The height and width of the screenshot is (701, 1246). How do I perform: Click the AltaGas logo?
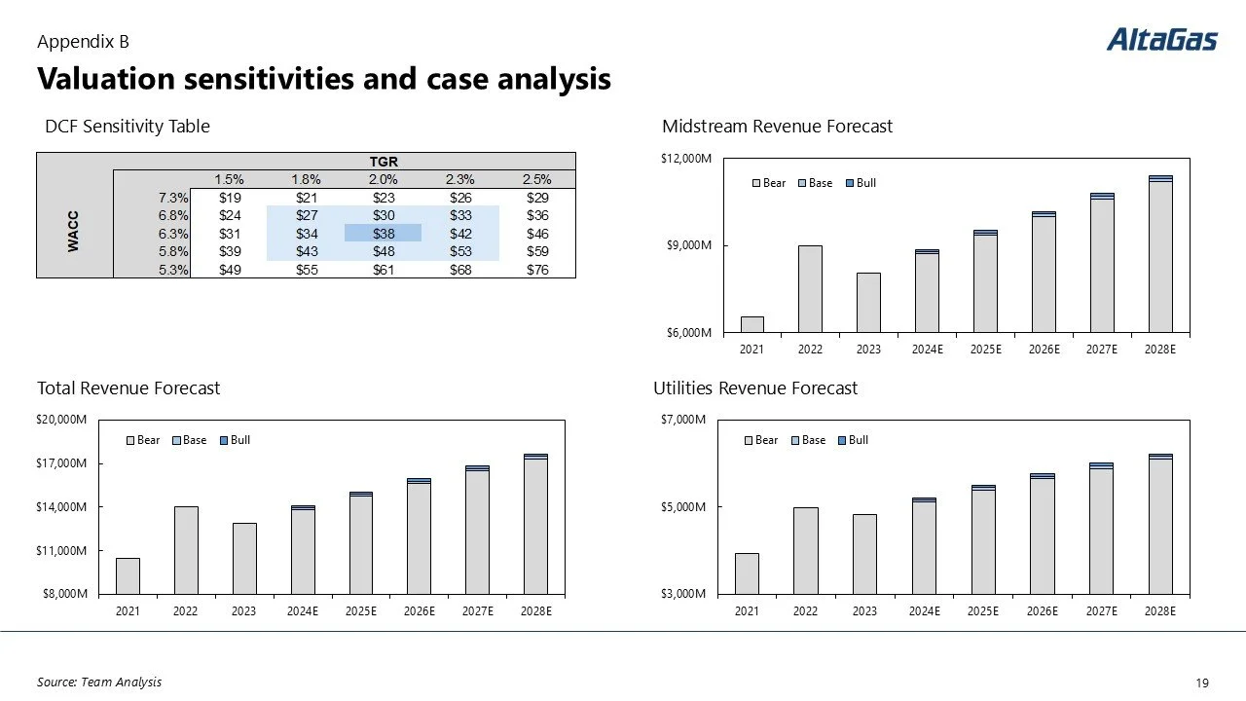pyautogui.click(x=1161, y=40)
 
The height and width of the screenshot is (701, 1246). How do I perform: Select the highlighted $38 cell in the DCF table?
pyautogui.click(x=383, y=234)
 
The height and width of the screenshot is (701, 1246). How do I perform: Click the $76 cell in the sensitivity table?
pyautogui.click(x=537, y=270)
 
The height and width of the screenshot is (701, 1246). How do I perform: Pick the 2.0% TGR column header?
pyautogui.click(x=383, y=179)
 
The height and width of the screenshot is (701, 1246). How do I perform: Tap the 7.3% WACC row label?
pyautogui.click(x=174, y=198)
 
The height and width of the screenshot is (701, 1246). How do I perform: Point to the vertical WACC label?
pyautogui.click(x=74, y=233)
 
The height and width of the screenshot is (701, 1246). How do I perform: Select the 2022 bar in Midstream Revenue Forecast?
pyautogui.click(x=810, y=289)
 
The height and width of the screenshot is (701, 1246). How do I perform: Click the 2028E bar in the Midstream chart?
pyautogui.click(x=1160, y=255)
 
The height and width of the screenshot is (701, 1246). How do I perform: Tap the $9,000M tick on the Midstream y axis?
pyautogui.click(x=690, y=245)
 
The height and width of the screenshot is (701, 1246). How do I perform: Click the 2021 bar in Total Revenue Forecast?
pyautogui.click(x=128, y=575)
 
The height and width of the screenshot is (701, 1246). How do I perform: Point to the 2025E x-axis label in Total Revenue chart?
pyautogui.click(x=361, y=611)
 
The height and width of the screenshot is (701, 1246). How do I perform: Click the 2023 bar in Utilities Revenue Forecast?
pyautogui.click(x=864, y=554)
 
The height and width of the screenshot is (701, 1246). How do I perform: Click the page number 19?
pyautogui.click(x=1201, y=683)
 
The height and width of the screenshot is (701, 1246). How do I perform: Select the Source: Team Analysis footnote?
pyautogui.click(x=99, y=683)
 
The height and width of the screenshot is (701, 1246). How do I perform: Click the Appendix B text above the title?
pyautogui.click(x=83, y=42)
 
